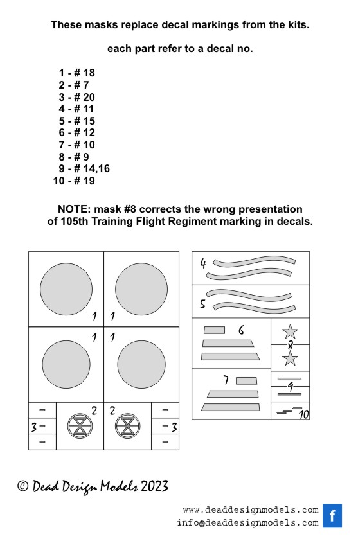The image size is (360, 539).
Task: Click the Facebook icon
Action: coord(332,516)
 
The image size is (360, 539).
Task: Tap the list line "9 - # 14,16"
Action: coord(84,169)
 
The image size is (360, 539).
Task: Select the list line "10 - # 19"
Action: coord(74,181)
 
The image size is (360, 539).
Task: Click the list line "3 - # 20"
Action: coord(76,97)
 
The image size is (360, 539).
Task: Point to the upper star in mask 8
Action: coord(290,331)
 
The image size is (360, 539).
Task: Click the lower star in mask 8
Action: coord(290,358)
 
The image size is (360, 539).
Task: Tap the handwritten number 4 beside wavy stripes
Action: coord(203,263)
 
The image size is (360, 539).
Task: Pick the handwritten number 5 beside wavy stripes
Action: coord(203,304)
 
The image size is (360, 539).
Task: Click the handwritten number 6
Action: coord(241,330)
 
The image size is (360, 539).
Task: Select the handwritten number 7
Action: coord(226,380)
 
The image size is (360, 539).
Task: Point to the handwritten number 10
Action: coord(303,414)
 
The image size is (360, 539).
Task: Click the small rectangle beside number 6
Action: coord(214,330)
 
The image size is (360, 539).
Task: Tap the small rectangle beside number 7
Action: coord(246,381)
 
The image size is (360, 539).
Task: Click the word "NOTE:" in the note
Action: coord(75,209)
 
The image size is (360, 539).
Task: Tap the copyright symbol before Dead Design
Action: coord(22,486)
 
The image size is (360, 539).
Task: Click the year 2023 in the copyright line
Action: coord(154,486)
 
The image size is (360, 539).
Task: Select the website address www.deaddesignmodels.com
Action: coord(251,510)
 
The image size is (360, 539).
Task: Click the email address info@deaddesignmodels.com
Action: coord(248,523)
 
